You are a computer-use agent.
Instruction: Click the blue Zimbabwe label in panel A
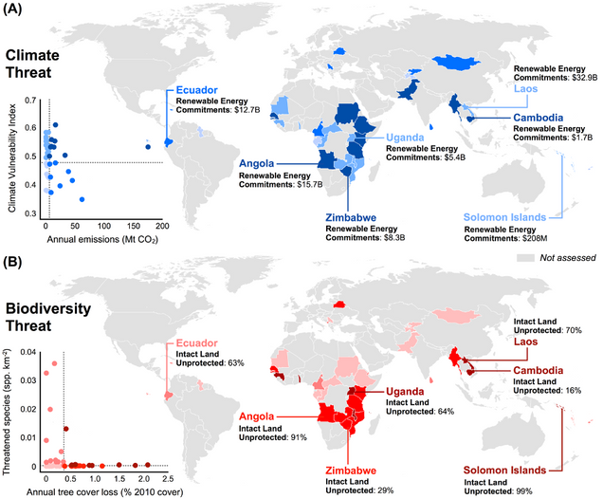click(x=356, y=216)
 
